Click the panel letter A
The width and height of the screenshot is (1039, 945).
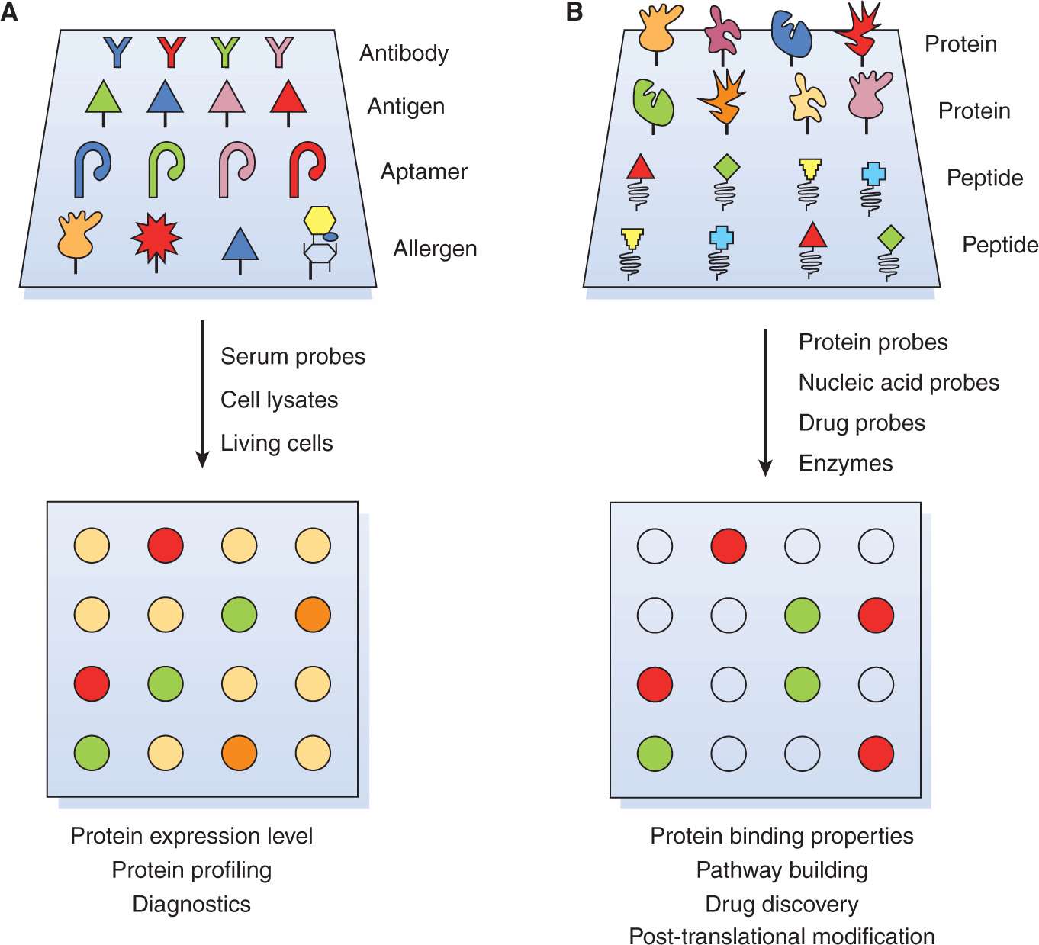tap(9, 12)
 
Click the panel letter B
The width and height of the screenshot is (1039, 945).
tap(574, 12)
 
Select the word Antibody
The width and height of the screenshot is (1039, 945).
tap(404, 53)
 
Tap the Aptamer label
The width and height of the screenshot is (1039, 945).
tap(423, 172)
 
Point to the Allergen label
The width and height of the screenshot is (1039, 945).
tap(435, 249)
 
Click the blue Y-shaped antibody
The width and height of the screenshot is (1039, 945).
tap(117, 52)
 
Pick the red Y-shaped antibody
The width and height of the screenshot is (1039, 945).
tap(172, 52)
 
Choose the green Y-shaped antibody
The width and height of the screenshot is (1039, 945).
tap(226, 52)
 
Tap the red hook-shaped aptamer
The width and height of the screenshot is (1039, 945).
tap(307, 169)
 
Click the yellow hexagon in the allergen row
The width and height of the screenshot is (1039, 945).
tap(320, 220)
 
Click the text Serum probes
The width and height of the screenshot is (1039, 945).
tap(293, 356)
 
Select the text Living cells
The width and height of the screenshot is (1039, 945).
tap(277, 443)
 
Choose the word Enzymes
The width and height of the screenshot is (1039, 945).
tap(845, 463)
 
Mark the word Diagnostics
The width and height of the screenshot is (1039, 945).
tap(191, 904)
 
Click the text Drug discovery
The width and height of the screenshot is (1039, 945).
tap(782, 904)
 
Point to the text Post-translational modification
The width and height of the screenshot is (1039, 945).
tap(782, 936)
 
